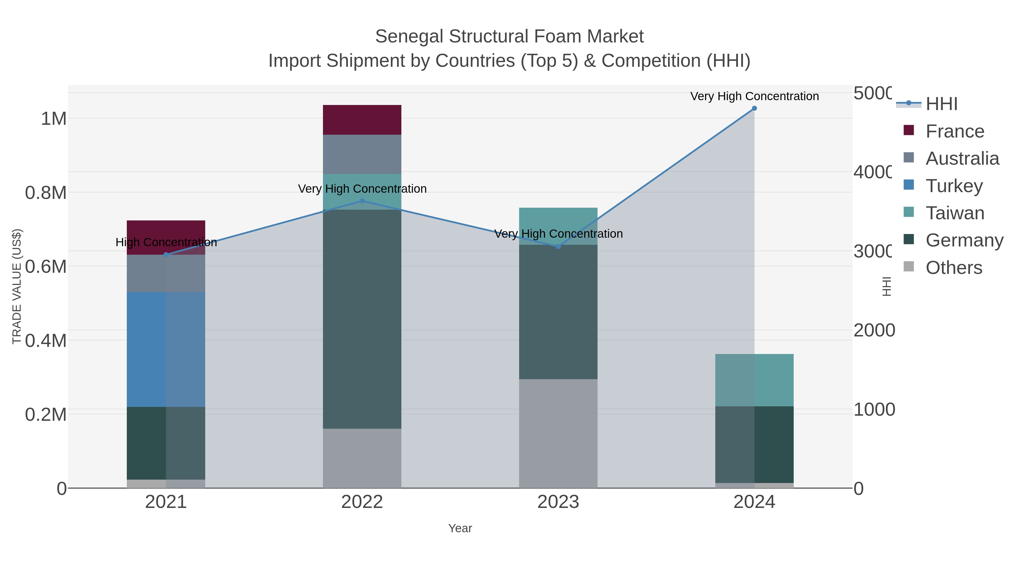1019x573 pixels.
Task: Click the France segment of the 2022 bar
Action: [x=362, y=120]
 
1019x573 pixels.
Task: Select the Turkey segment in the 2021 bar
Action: [x=166, y=349]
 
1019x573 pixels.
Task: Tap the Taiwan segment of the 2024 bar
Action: [x=754, y=380]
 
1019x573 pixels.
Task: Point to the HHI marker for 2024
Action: [x=754, y=108]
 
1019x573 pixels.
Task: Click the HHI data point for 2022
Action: [x=362, y=201]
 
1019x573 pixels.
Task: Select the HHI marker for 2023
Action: [x=558, y=247]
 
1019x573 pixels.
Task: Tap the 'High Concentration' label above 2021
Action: [x=166, y=242]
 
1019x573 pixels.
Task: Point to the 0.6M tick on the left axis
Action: [x=46, y=267]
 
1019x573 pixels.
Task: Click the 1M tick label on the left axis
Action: [x=53, y=119]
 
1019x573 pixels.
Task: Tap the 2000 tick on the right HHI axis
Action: [x=874, y=330]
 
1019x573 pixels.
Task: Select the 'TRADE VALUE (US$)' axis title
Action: [x=17, y=286]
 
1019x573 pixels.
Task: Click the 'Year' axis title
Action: [x=460, y=528]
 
